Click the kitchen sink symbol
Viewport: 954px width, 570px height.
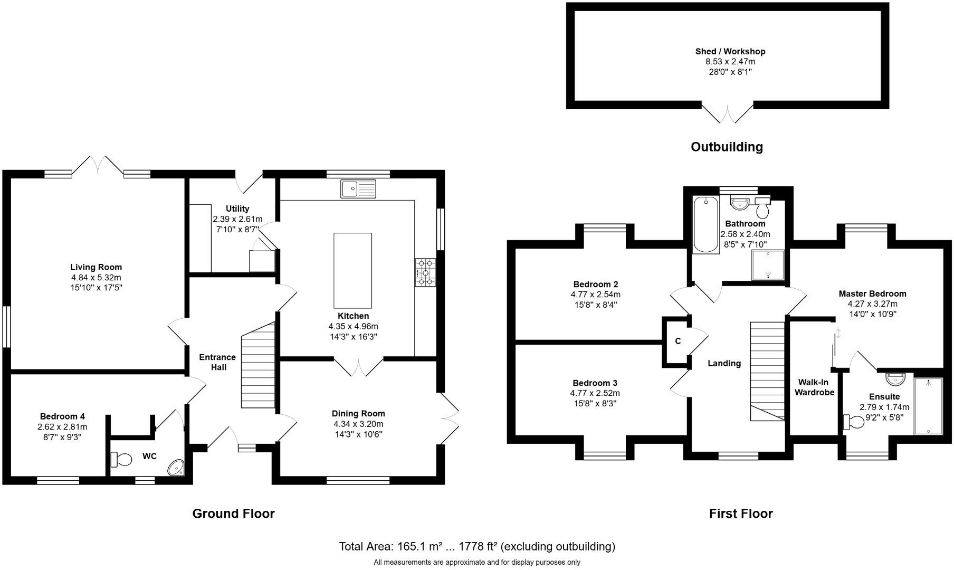(x=358, y=188)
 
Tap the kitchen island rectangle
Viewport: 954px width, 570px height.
(x=352, y=271)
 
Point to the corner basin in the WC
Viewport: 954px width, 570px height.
(x=176, y=467)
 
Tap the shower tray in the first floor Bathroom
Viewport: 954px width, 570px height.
(x=768, y=264)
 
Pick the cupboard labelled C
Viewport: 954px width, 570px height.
(x=678, y=341)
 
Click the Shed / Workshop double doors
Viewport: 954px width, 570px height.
(x=727, y=113)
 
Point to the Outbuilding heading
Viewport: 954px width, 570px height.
(x=727, y=147)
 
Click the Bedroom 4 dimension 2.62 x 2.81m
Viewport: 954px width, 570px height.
(x=62, y=427)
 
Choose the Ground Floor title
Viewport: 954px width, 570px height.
(x=233, y=514)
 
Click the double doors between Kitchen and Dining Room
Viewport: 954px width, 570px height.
(x=359, y=367)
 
